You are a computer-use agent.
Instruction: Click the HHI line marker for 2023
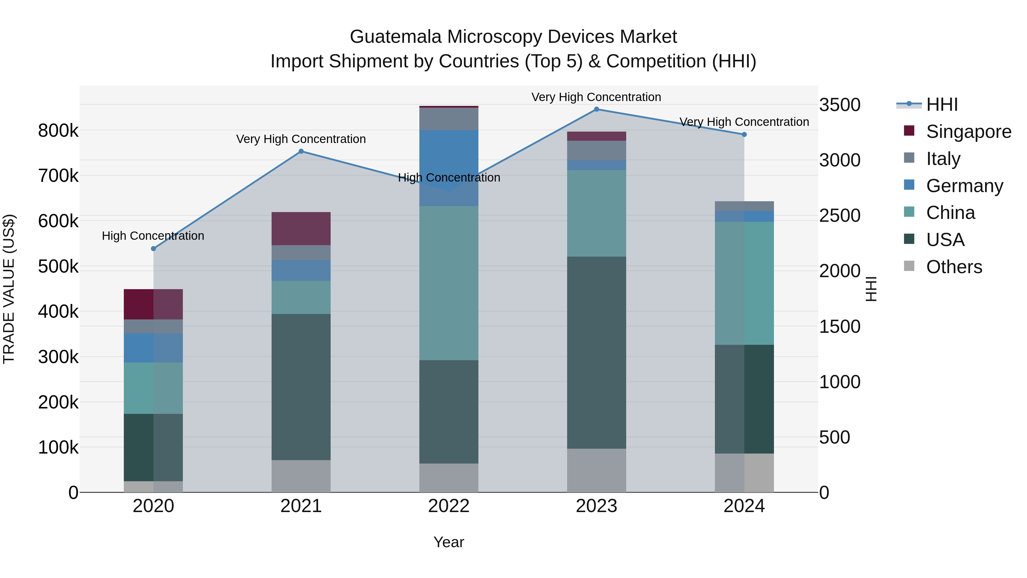[597, 109]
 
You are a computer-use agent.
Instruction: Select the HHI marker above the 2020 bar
[153, 249]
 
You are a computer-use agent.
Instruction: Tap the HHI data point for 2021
[301, 152]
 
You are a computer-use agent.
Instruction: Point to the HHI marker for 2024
[744, 135]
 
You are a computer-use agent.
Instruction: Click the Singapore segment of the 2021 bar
[301, 229]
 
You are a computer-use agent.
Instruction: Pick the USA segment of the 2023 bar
[597, 353]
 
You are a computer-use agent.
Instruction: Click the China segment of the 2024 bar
[744, 283]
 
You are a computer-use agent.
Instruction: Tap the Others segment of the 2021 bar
[301, 476]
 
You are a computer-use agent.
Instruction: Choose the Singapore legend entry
[969, 132]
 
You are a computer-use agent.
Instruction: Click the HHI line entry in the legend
[942, 104]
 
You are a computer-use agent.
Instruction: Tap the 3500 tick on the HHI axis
[840, 105]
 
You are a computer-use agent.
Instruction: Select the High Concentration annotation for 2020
[153, 236]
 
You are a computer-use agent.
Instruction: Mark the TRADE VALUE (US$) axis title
[9, 289]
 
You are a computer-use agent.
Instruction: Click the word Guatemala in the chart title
[395, 37]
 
